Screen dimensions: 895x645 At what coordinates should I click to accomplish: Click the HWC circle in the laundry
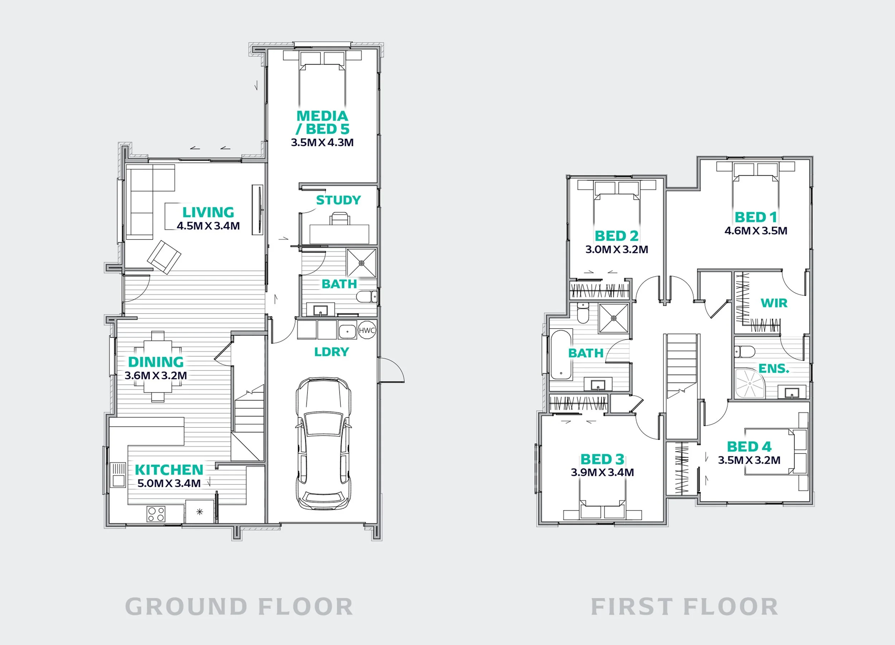coord(367,330)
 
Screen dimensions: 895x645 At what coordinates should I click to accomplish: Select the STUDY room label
coord(339,200)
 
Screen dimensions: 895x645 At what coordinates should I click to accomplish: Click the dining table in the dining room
coord(158,367)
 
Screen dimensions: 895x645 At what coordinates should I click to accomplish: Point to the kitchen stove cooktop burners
coord(156,514)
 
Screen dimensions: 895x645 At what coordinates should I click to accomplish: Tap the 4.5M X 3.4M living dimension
coord(208,226)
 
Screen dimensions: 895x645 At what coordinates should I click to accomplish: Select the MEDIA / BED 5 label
coord(323,122)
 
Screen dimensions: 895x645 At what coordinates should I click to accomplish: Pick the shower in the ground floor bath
coord(362,263)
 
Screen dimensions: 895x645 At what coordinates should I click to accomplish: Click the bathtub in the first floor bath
coord(561,355)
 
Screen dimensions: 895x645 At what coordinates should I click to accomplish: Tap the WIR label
coord(774,303)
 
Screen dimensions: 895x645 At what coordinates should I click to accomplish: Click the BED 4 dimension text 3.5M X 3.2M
coord(749,460)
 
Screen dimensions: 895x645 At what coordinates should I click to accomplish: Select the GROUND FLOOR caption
coord(239,607)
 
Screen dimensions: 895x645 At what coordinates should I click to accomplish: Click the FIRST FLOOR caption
coord(684,607)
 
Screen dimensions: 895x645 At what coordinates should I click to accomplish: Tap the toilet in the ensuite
coord(745,351)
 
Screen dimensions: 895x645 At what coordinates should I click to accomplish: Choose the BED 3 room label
coord(602,459)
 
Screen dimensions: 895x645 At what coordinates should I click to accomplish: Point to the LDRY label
coord(332,352)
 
